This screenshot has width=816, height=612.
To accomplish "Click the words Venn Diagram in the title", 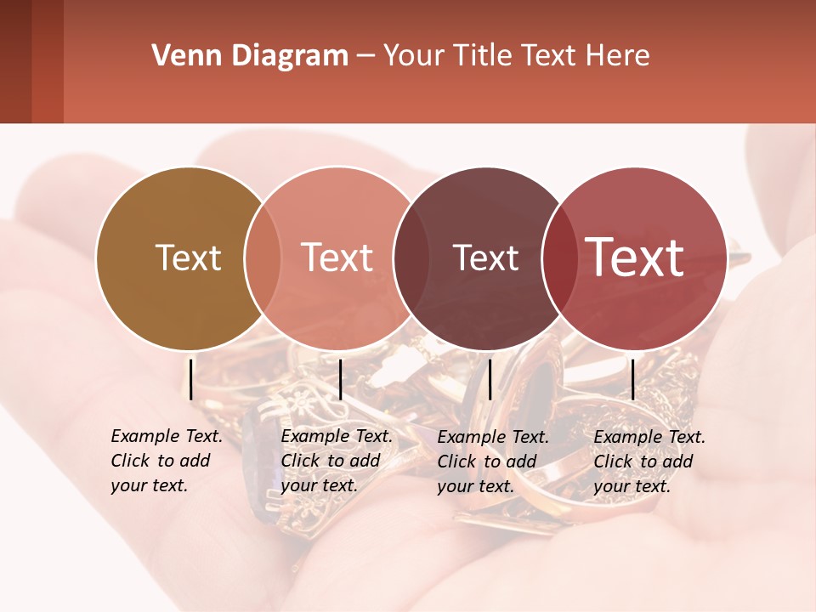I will (250, 56).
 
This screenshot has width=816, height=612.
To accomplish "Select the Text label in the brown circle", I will (188, 258).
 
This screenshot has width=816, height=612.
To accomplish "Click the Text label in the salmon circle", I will (337, 258).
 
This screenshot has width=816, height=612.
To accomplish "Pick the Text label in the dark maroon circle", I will (485, 258).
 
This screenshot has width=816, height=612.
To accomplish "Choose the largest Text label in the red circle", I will (635, 258).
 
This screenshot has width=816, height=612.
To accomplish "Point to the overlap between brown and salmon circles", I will (263, 258).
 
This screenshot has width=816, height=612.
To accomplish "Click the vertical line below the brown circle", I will (191, 379).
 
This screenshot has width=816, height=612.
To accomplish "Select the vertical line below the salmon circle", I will (340, 379).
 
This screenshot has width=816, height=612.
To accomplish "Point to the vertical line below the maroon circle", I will (490, 379).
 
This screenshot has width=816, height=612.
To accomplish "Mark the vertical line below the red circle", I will (633, 379).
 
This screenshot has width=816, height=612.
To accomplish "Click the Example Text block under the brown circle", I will (167, 461).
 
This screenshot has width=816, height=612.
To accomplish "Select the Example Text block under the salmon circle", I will (337, 461).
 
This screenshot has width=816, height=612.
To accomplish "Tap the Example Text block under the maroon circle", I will (493, 462).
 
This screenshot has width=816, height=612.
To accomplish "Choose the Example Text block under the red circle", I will (649, 462).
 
